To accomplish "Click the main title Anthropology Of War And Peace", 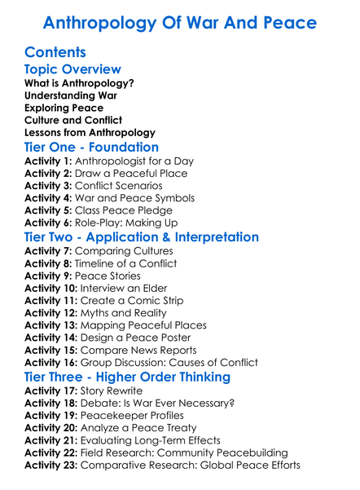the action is point(179,21).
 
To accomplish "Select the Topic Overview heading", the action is point(72,69).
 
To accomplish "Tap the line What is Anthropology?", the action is point(79,83).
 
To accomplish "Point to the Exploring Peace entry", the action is point(64,108).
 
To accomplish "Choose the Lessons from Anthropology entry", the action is point(90,132).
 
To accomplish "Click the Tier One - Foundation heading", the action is point(91,148).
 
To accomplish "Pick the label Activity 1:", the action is point(49,161).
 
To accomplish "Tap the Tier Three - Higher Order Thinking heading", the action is point(127,377).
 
